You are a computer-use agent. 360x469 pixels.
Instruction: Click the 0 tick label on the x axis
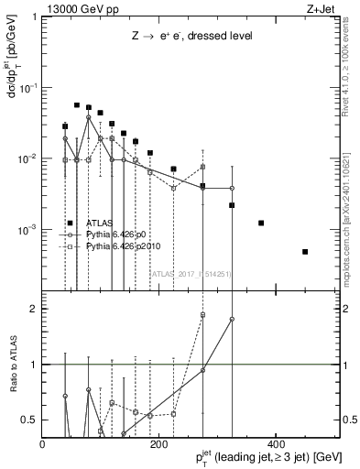point(42,444)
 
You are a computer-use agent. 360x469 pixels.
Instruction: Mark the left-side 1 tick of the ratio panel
point(35,365)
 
